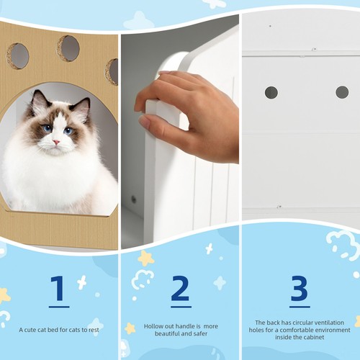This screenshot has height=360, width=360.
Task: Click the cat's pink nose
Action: pyautogui.click(x=55, y=142)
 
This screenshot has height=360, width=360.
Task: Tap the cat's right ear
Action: pyautogui.click(x=81, y=109)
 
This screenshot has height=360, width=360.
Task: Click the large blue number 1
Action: pyautogui.click(x=59, y=289)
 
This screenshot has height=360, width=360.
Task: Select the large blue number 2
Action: pyautogui.click(x=180, y=289)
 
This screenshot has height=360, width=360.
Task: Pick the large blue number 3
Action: pyautogui.click(x=300, y=289)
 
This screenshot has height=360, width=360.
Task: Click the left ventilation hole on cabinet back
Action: pyautogui.click(x=271, y=92)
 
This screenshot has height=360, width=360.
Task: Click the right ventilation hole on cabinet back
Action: pyautogui.click(x=342, y=92)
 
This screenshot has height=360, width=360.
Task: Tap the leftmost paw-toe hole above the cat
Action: pyautogui.click(x=18, y=55)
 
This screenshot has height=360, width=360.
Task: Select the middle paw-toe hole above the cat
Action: pyautogui.click(x=68, y=48)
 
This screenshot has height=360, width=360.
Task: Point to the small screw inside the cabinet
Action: pyautogui.click(x=133, y=199)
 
